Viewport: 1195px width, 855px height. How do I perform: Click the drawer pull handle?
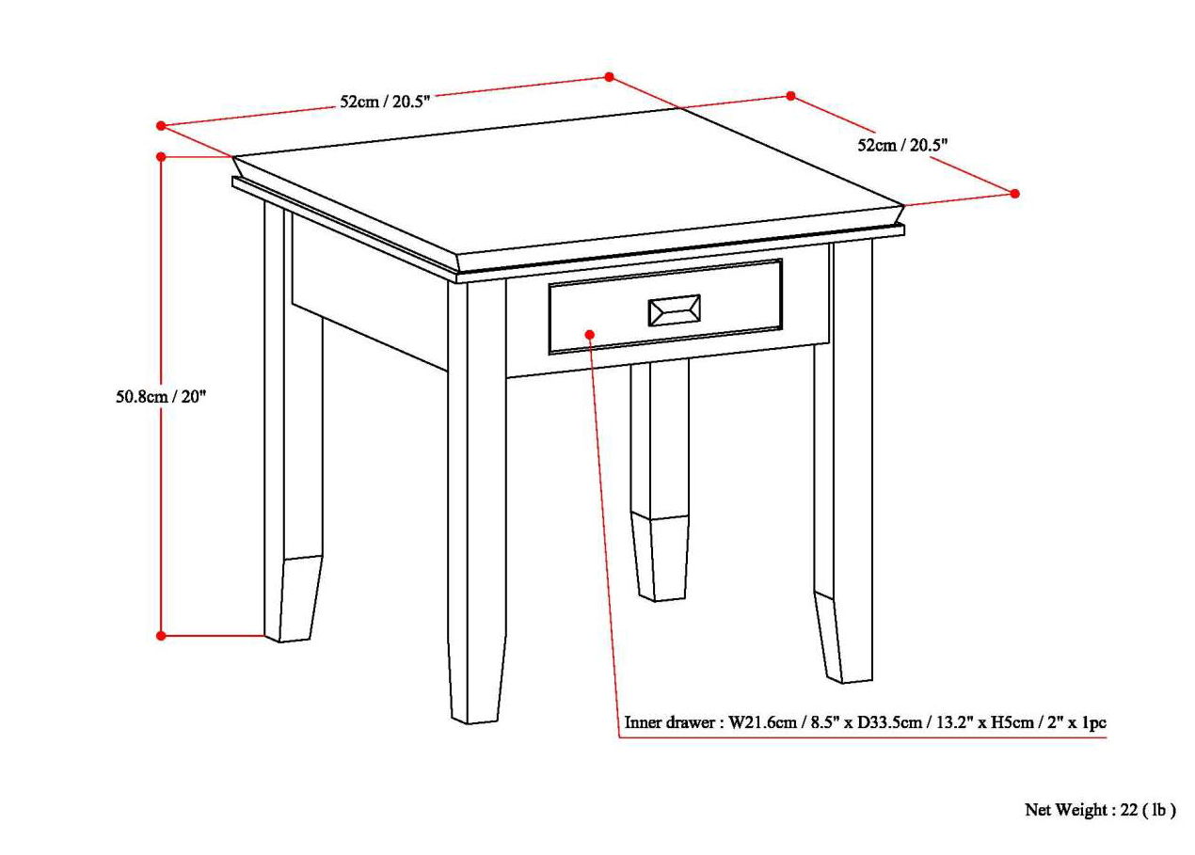click(x=673, y=310)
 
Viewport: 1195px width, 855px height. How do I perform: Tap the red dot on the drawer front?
click(x=590, y=334)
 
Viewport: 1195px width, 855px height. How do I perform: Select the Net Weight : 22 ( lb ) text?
click(x=1100, y=810)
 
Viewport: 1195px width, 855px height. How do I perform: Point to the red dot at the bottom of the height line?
click(x=161, y=636)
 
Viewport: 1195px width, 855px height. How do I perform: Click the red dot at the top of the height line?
click(x=161, y=156)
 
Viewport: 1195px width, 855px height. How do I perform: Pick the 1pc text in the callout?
click(x=1091, y=724)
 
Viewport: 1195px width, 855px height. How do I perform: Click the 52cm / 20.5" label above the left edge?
click(x=385, y=102)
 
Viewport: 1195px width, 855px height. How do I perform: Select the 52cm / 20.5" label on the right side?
click(x=901, y=145)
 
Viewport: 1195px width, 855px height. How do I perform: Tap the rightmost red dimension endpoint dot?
click(x=1014, y=194)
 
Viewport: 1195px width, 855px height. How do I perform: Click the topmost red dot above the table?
click(x=609, y=77)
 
